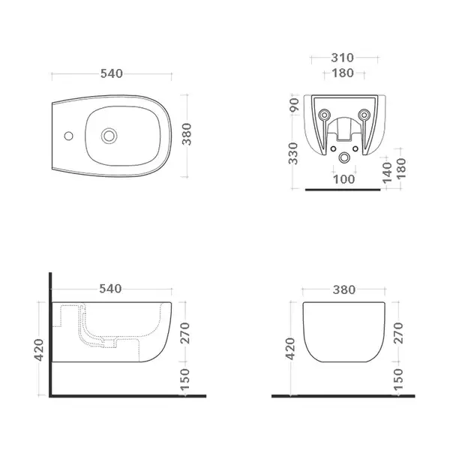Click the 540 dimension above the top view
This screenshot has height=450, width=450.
coord(112,73)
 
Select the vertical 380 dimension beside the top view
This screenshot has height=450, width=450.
coord(187,134)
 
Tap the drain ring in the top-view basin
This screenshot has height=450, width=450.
coord(109,136)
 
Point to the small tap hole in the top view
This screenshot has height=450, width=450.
coord(68,136)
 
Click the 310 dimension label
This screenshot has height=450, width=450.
coord(343,58)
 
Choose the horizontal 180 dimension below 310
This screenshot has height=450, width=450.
coord(343,73)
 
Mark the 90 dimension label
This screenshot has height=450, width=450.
coord(295,105)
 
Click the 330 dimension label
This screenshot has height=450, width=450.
coord(293,154)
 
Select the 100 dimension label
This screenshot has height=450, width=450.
coord(343,179)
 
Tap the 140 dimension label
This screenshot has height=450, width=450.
coord(387,172)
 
